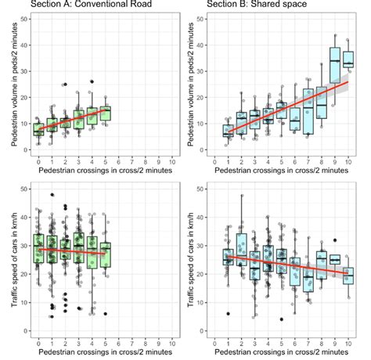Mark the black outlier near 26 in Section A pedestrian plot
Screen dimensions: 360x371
pyautogui.click(x=92, y=81)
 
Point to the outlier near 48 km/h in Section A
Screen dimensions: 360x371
pyautogui.click(x=52, y=194)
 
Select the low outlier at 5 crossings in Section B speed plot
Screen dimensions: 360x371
pyautogui.click(x=282, y=319)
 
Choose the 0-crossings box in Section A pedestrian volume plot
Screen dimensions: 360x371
pyautogui.click(x=38, y=128)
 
